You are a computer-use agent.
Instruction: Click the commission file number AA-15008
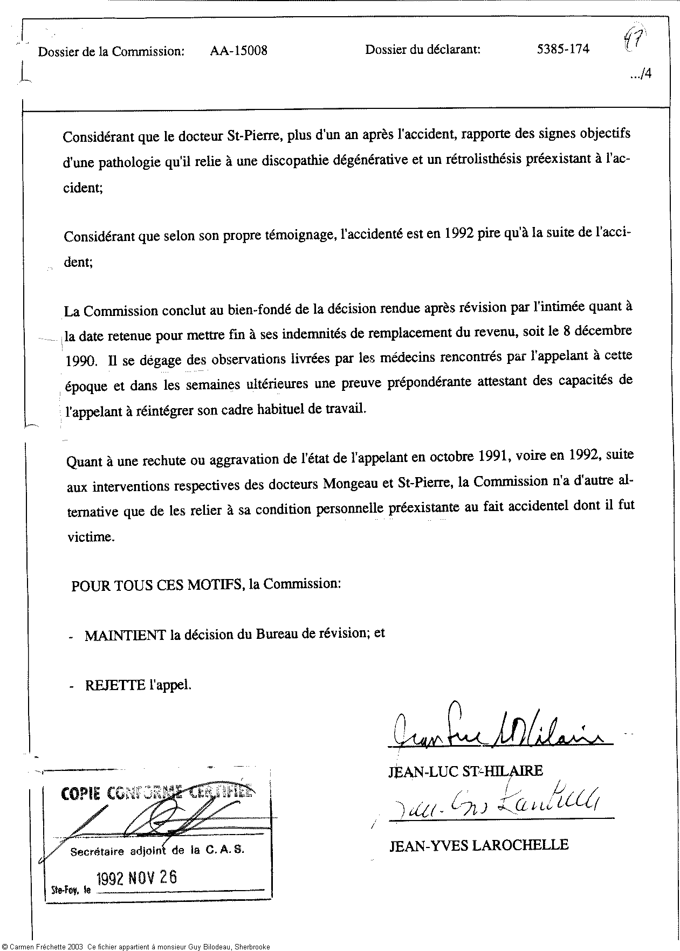[x=238, y=51]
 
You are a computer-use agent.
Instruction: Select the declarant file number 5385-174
[x=563, y=49]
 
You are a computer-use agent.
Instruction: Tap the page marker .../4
[x=641, y=74]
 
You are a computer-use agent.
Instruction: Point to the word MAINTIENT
[x=125, y=635]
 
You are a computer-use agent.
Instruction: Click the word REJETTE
[x=115, y=685]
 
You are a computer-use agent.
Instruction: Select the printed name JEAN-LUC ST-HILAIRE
[x=465, y=771]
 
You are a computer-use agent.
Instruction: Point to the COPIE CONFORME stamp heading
[x=156, y=793]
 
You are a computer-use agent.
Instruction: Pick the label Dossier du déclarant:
[x=423, y=50]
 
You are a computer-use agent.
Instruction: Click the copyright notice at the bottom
[x=135, y=947]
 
